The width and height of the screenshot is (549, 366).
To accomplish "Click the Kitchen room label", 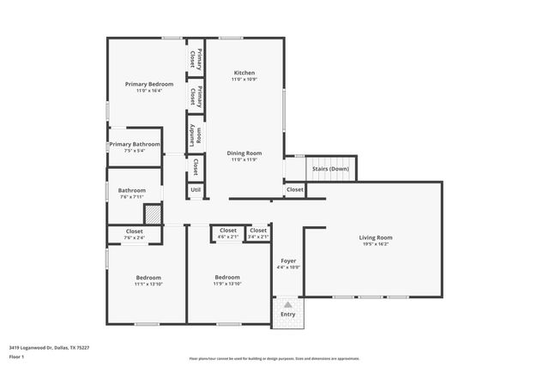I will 244,73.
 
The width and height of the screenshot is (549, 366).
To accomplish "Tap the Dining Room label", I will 244,153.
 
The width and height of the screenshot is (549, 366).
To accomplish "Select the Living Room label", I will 375,237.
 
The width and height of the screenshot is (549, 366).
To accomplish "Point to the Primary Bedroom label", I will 149,84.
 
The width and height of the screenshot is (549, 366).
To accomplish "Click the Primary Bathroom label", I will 135,144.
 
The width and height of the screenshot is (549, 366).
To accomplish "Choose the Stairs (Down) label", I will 330,169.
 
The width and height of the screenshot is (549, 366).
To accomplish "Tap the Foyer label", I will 288,261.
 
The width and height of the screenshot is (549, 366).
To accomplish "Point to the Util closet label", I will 196,189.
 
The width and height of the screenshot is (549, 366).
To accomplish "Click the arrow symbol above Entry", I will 288,304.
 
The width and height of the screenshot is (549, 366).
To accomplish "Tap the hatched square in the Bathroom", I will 152,213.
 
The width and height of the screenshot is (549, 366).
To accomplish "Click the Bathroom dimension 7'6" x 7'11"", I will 132,197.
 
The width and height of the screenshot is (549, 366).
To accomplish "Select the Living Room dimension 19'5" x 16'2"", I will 375,244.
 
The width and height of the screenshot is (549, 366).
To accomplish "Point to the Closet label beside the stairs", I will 294,189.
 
